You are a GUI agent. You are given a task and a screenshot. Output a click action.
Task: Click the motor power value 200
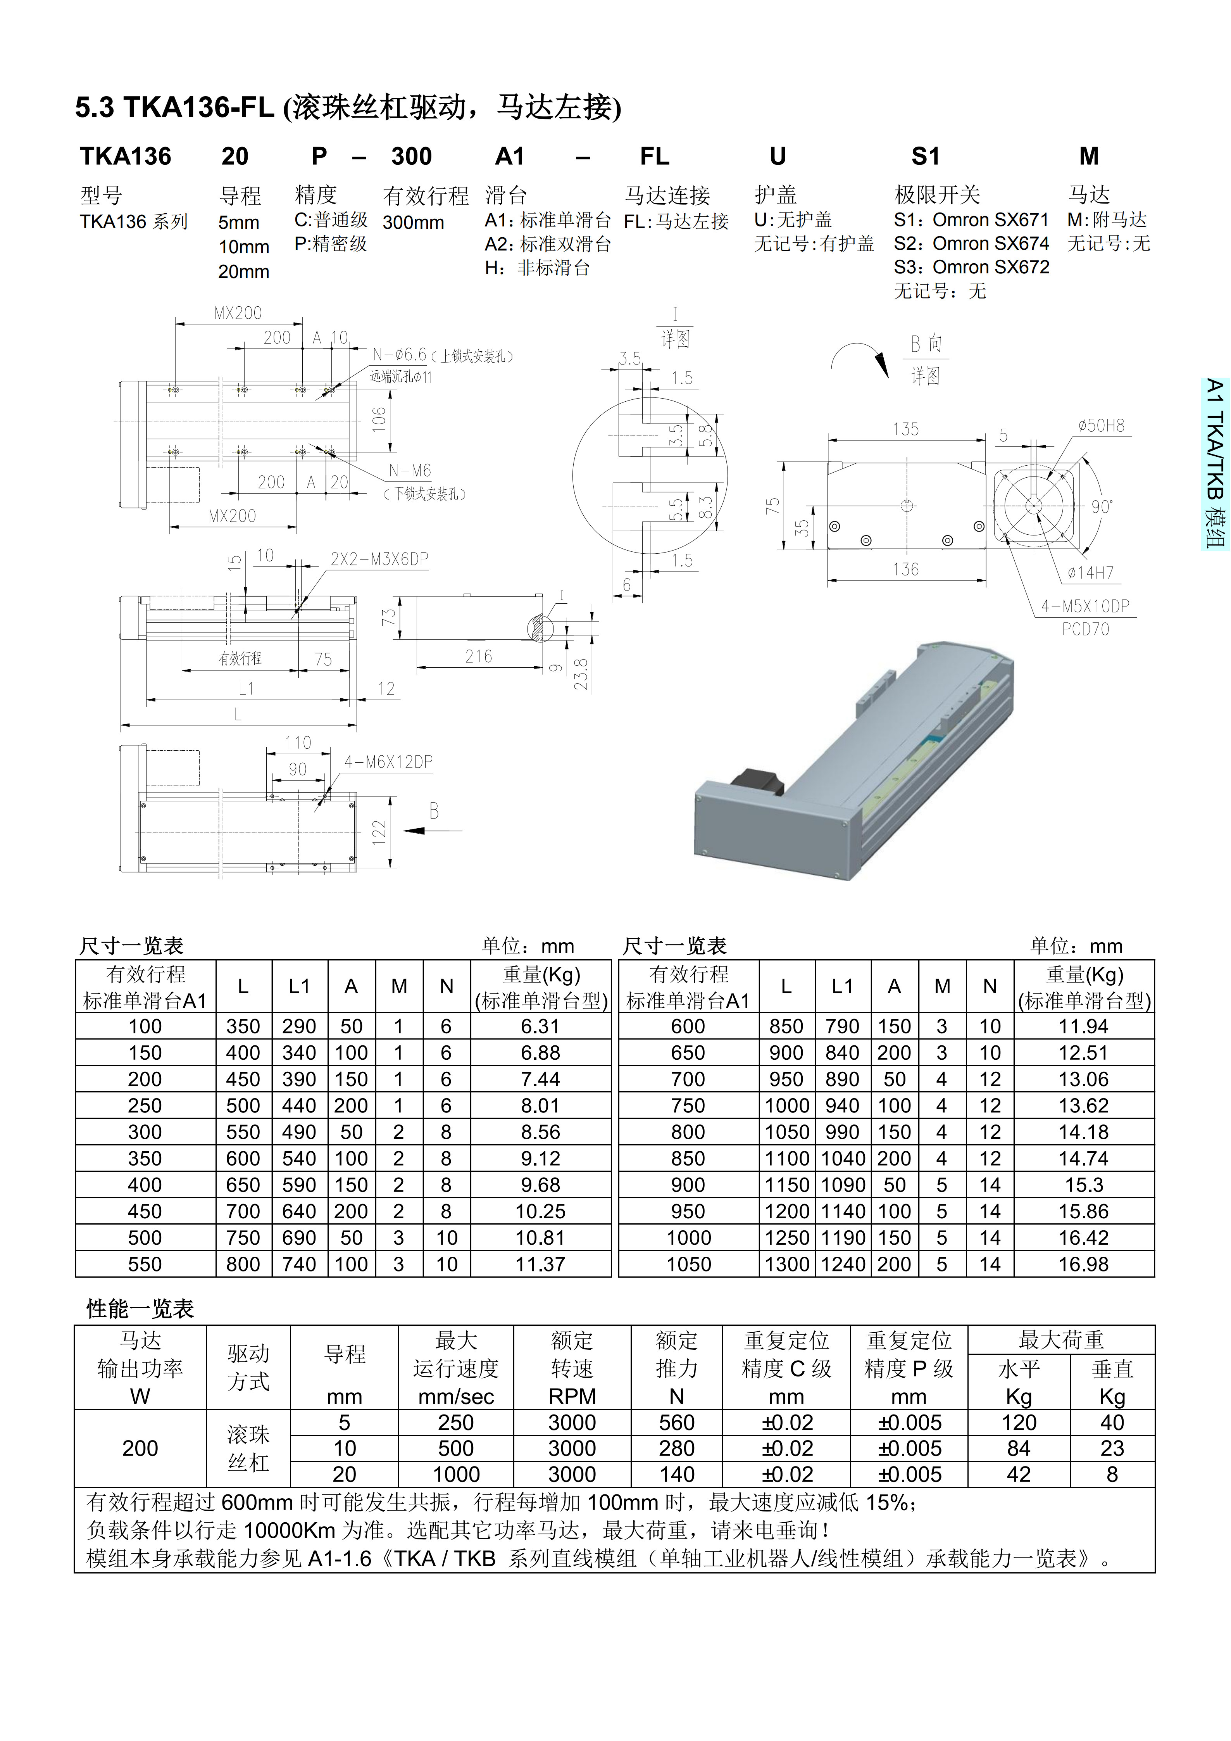(x=140, y=1448)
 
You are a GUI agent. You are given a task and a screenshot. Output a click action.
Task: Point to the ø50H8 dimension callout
(x=1101, y=426)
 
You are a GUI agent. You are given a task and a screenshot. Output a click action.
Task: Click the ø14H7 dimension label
(x=1090, y=572)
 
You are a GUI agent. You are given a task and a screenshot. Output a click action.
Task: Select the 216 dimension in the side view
(x=478, y=657)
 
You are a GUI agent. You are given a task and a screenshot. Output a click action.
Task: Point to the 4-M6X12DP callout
(x=388, y=762)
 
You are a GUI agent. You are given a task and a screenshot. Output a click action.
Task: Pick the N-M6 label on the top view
(x=410, y=471)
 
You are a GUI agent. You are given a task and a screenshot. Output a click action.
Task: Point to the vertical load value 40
(x=1112, y=1423)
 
